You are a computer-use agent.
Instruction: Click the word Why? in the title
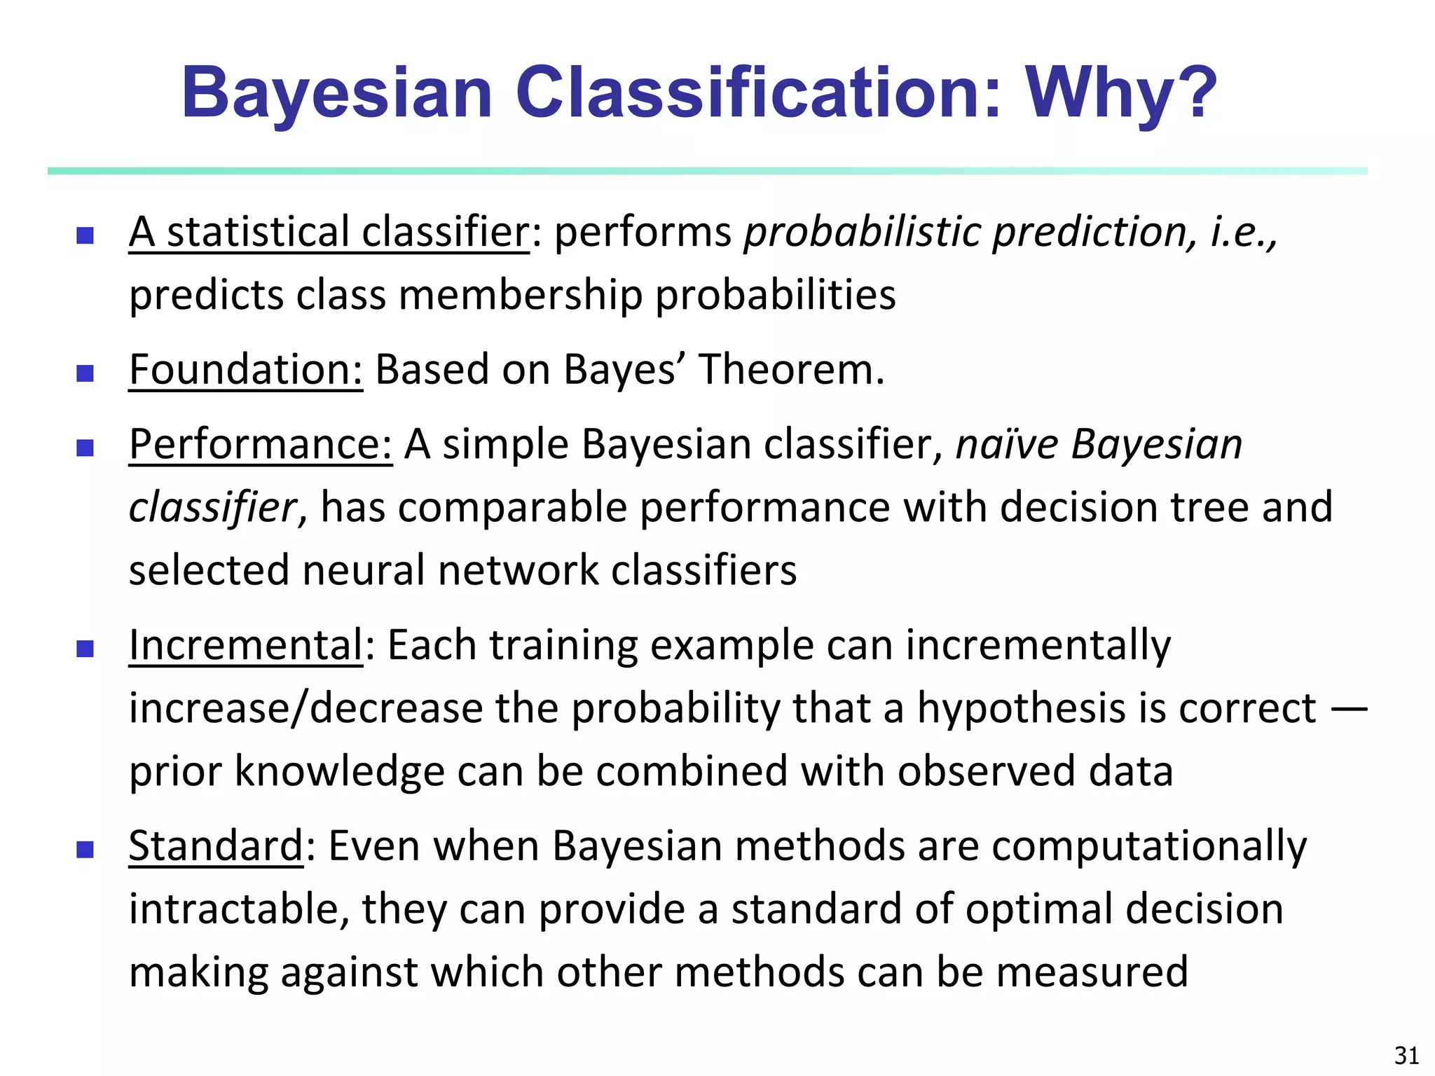point(1121,93)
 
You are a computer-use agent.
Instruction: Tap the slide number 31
point(1406,1055)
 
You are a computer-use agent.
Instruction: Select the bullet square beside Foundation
point(85,373)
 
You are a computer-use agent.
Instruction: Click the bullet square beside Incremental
point(85,648)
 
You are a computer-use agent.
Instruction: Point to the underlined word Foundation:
point(246,369)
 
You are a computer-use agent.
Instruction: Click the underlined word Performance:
point(261,445)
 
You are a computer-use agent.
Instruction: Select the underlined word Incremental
point(245,644)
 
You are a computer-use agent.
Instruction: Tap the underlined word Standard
point(216,846)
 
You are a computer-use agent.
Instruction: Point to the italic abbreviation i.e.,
point(1244,232)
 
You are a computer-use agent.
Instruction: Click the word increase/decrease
point(305,708)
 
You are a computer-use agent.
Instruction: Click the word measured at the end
point(1091,972)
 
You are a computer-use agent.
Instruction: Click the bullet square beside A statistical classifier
point(85,235)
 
